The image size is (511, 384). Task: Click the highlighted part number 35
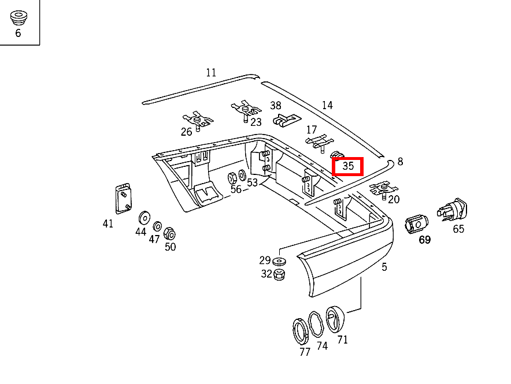pyautogui.click(x=348, y=166)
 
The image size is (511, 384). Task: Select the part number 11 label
pyautogui.click(x=210, y=73)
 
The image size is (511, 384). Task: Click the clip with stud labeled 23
pyautogui.click(x=246, y=110)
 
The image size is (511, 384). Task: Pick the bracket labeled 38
pyautogui.click(x=286, y=120)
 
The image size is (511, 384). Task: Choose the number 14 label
pyautogui.click(x=327, y=105)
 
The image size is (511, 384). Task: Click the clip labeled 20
pyautogui.click(x=383, y=188)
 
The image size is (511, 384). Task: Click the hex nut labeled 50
pyautogui.click(x=169, y=233)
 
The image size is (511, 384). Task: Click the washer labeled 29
pyautogui.click(x=280, y=260)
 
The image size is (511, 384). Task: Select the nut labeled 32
pyautogui.click(x=280, y=274)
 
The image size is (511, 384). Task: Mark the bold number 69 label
pyautogui.click(x=425, y=240)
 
